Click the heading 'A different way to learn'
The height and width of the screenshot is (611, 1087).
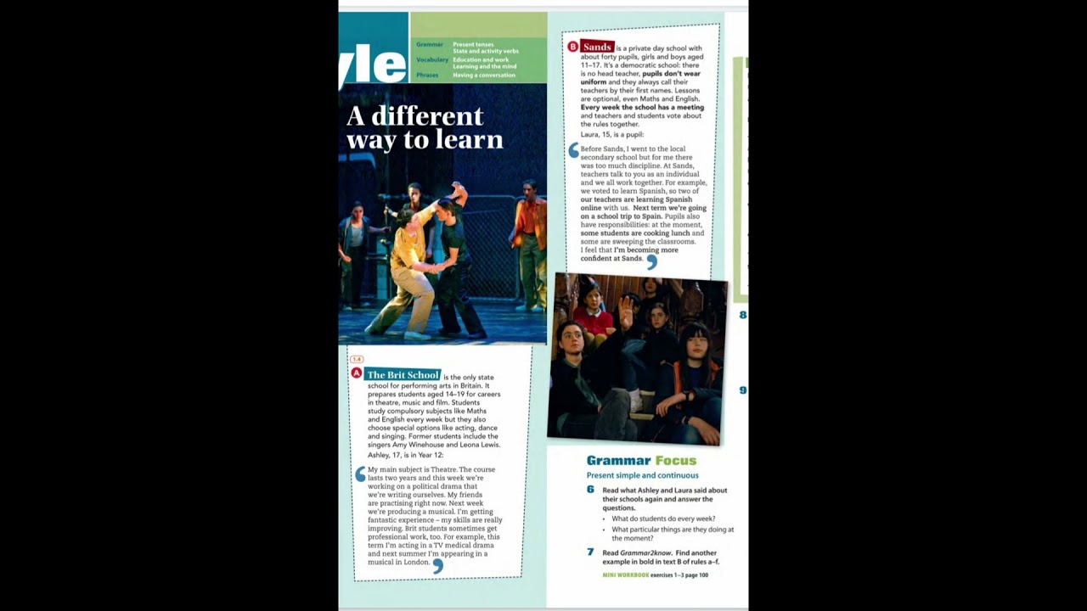click(x=425, y=128)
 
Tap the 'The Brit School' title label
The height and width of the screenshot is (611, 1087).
click(x=403, y=375)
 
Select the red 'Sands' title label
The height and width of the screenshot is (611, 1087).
click(x=596, y=47)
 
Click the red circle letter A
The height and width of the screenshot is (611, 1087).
click(x=357, y=373)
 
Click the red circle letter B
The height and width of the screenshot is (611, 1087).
click(x=572, y=47)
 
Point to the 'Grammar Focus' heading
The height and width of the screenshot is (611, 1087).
click(x=641, y=461)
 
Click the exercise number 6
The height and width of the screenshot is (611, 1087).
click(x=590, y=490)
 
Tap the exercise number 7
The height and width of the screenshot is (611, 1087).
click(x=590, y=552)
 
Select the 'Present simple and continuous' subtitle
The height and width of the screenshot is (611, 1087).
click(x=642, y=475)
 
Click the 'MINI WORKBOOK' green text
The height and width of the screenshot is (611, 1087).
click(x=625, y=575)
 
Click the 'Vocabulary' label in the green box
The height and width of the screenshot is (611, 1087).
click(x=432, y=60)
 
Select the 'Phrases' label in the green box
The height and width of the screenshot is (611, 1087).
click(x=427, y=76)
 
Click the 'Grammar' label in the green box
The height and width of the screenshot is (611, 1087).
click(x=430, y=44)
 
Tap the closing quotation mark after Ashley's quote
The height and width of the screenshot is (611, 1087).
click(x=437, y=565)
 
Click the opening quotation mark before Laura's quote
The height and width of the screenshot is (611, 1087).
click(x=574, y=150)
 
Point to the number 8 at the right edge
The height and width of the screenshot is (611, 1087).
click(x=743, y=315)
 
